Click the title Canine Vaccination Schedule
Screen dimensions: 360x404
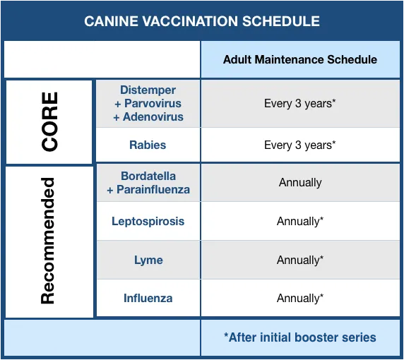pyautogui.click(x=201, y=21)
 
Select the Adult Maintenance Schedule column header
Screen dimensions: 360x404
pyautogui.click(x=300, y=59)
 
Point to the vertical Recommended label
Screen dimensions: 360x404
pyautogui.click(x=48, y=241)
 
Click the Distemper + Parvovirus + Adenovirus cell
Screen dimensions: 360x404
pyautogui.click(x=148, y=104)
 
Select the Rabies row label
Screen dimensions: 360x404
pyautogui.click(x=148, y=145)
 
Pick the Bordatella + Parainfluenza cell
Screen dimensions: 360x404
pyautogui.click(x=148, y=183)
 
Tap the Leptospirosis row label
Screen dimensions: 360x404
pyautogui.click(x=148, y=221)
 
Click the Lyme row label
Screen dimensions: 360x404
pyautogui.click(x=148, y=260)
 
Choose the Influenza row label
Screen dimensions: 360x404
pyautogui.click(x=148, y=298)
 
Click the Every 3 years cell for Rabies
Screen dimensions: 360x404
pyautogui.click(x=300, y=145)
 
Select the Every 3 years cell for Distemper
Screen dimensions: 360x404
pyautogui.click(x=300, y=104)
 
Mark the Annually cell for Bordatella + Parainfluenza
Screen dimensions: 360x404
pyautogui.click(x=300, y=183)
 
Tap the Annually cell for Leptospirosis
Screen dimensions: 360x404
pyautogui.click(x=300, y=221)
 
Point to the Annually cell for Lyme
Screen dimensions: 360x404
pyautogui.click(x=300, y=260)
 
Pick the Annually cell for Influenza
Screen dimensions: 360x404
pyautogui.click(x=300, y=298)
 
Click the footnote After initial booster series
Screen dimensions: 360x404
pyautogui.click(x=300, y=337)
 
